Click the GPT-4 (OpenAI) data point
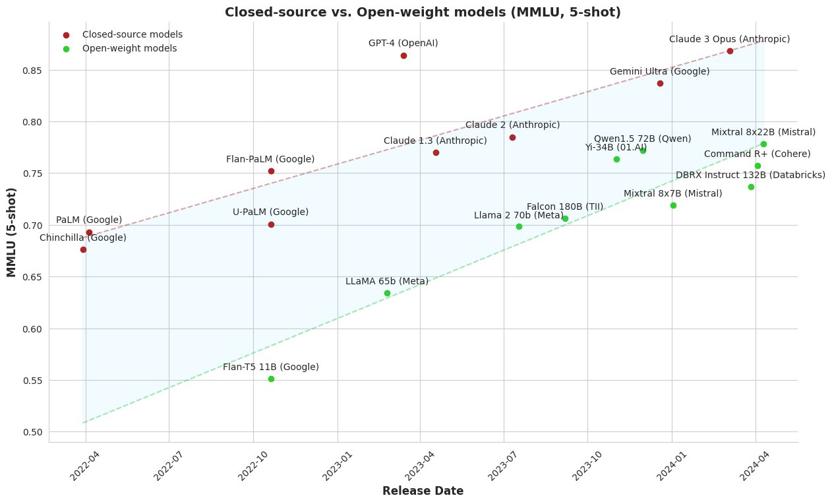click(403, 55)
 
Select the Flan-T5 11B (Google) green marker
click(271, 379)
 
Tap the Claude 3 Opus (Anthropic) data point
click(730, 51)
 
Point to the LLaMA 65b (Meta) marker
click(387, 293)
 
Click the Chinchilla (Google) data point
click(83, 249)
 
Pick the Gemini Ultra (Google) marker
click(660, 83)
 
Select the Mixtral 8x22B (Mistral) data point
click(763, 144)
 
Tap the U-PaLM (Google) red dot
click(271, 224)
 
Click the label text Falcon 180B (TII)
click(565, 207)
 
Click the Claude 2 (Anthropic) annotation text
click(512, 125)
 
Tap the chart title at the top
click(423, 12)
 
